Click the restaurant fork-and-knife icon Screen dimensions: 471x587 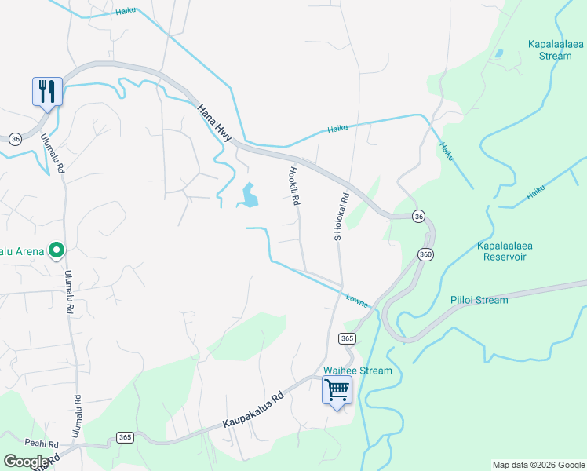pos(47,92)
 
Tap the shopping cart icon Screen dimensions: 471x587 pos(337,389)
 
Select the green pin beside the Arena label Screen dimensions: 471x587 pos(57,250)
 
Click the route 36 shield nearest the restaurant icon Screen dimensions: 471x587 pos(15,138)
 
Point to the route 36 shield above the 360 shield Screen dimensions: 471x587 pos(419,216)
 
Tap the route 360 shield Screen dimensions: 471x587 pos(425,254)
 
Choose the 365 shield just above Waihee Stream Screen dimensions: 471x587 pos(348,338)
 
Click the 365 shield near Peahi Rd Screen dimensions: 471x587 pos(125,437)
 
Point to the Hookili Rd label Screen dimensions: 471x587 pos(294,186)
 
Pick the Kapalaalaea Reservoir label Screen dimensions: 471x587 pos(505,251)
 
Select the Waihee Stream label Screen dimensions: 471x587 pos(357,371)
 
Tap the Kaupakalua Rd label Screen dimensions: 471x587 pos(251,411)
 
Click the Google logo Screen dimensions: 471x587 pos(26,462)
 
